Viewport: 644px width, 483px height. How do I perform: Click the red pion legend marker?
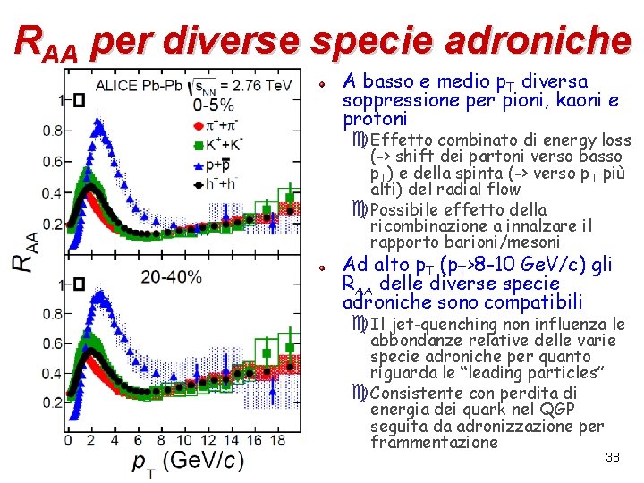click(199, 125)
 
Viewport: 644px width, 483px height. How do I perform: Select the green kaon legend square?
click(199, 145)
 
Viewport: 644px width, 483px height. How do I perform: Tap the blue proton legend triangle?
click(199, 165)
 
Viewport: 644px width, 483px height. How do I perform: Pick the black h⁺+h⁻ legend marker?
click(199, 185)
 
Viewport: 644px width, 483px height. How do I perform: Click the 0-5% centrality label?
click(214, 106)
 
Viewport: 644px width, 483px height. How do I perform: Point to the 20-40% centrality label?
click(171, 277)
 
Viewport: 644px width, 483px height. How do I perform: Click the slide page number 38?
click(613, 457)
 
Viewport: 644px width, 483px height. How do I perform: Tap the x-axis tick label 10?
click(184, 440)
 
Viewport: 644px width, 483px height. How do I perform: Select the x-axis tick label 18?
click(277, 440)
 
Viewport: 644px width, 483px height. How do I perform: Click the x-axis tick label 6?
click(138, 440)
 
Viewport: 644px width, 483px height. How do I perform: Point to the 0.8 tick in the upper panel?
click(52, 131)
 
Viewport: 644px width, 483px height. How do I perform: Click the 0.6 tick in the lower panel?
click(52, 343)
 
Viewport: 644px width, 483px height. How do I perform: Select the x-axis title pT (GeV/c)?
click(188, 463)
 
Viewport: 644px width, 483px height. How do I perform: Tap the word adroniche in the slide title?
click(538, 40)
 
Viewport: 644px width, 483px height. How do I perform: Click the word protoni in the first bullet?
click(375, 119)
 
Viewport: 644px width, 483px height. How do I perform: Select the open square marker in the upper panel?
click(80, 100)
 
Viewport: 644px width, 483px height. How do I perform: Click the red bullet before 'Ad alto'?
click(322, 268)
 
